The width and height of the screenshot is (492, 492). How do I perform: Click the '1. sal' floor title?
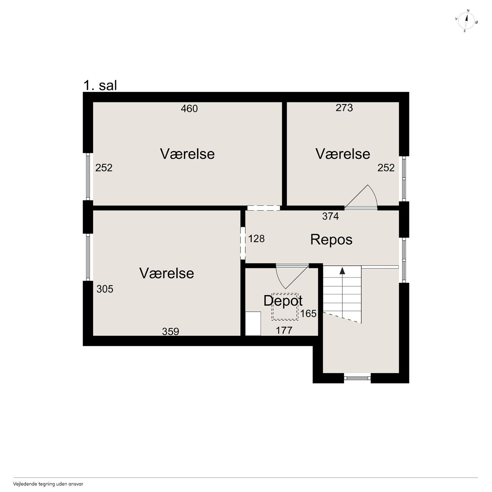click(100, 85)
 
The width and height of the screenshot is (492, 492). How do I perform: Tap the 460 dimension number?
click(189, 109)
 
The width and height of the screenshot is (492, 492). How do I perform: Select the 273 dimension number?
click(344, 108)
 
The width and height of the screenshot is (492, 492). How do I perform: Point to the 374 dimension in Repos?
click(331, 216)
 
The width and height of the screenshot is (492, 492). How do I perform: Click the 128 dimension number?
click(256, 239)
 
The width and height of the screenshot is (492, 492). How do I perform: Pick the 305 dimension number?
click(105, 289)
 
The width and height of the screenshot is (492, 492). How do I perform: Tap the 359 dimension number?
click(171, 331)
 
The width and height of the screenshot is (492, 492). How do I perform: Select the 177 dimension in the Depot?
click(284, 331)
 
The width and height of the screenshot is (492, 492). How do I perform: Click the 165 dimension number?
click(308, 314)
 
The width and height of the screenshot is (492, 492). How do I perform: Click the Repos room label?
click(331, 239)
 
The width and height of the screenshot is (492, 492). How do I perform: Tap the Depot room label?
click(283, 301)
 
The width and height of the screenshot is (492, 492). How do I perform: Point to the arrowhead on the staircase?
click(342, 271)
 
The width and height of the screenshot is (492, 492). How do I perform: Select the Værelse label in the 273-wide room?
click(342, 154)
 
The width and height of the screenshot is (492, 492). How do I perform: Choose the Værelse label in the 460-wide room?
click(187, 154)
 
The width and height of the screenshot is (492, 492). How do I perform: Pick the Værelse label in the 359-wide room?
click(166, 273)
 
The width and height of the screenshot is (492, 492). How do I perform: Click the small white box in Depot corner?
click(253, 324)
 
